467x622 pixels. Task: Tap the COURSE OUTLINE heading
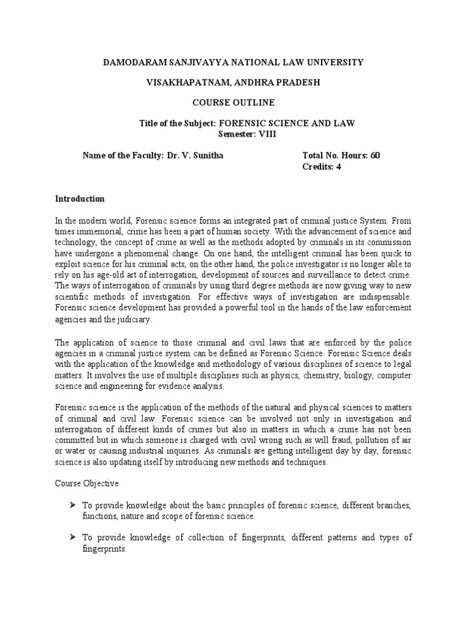pyautogui.click(x=233, y=102)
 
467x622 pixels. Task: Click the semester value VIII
pyautogui.click(x=267, y=134)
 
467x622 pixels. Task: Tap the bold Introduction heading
pyautogui.click(x=80, y=199)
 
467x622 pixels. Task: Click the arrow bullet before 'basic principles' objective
pyautogui.click(x=72, y=505)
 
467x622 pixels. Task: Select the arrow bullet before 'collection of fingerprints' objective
pyautogui.click(x=72, y=538)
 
